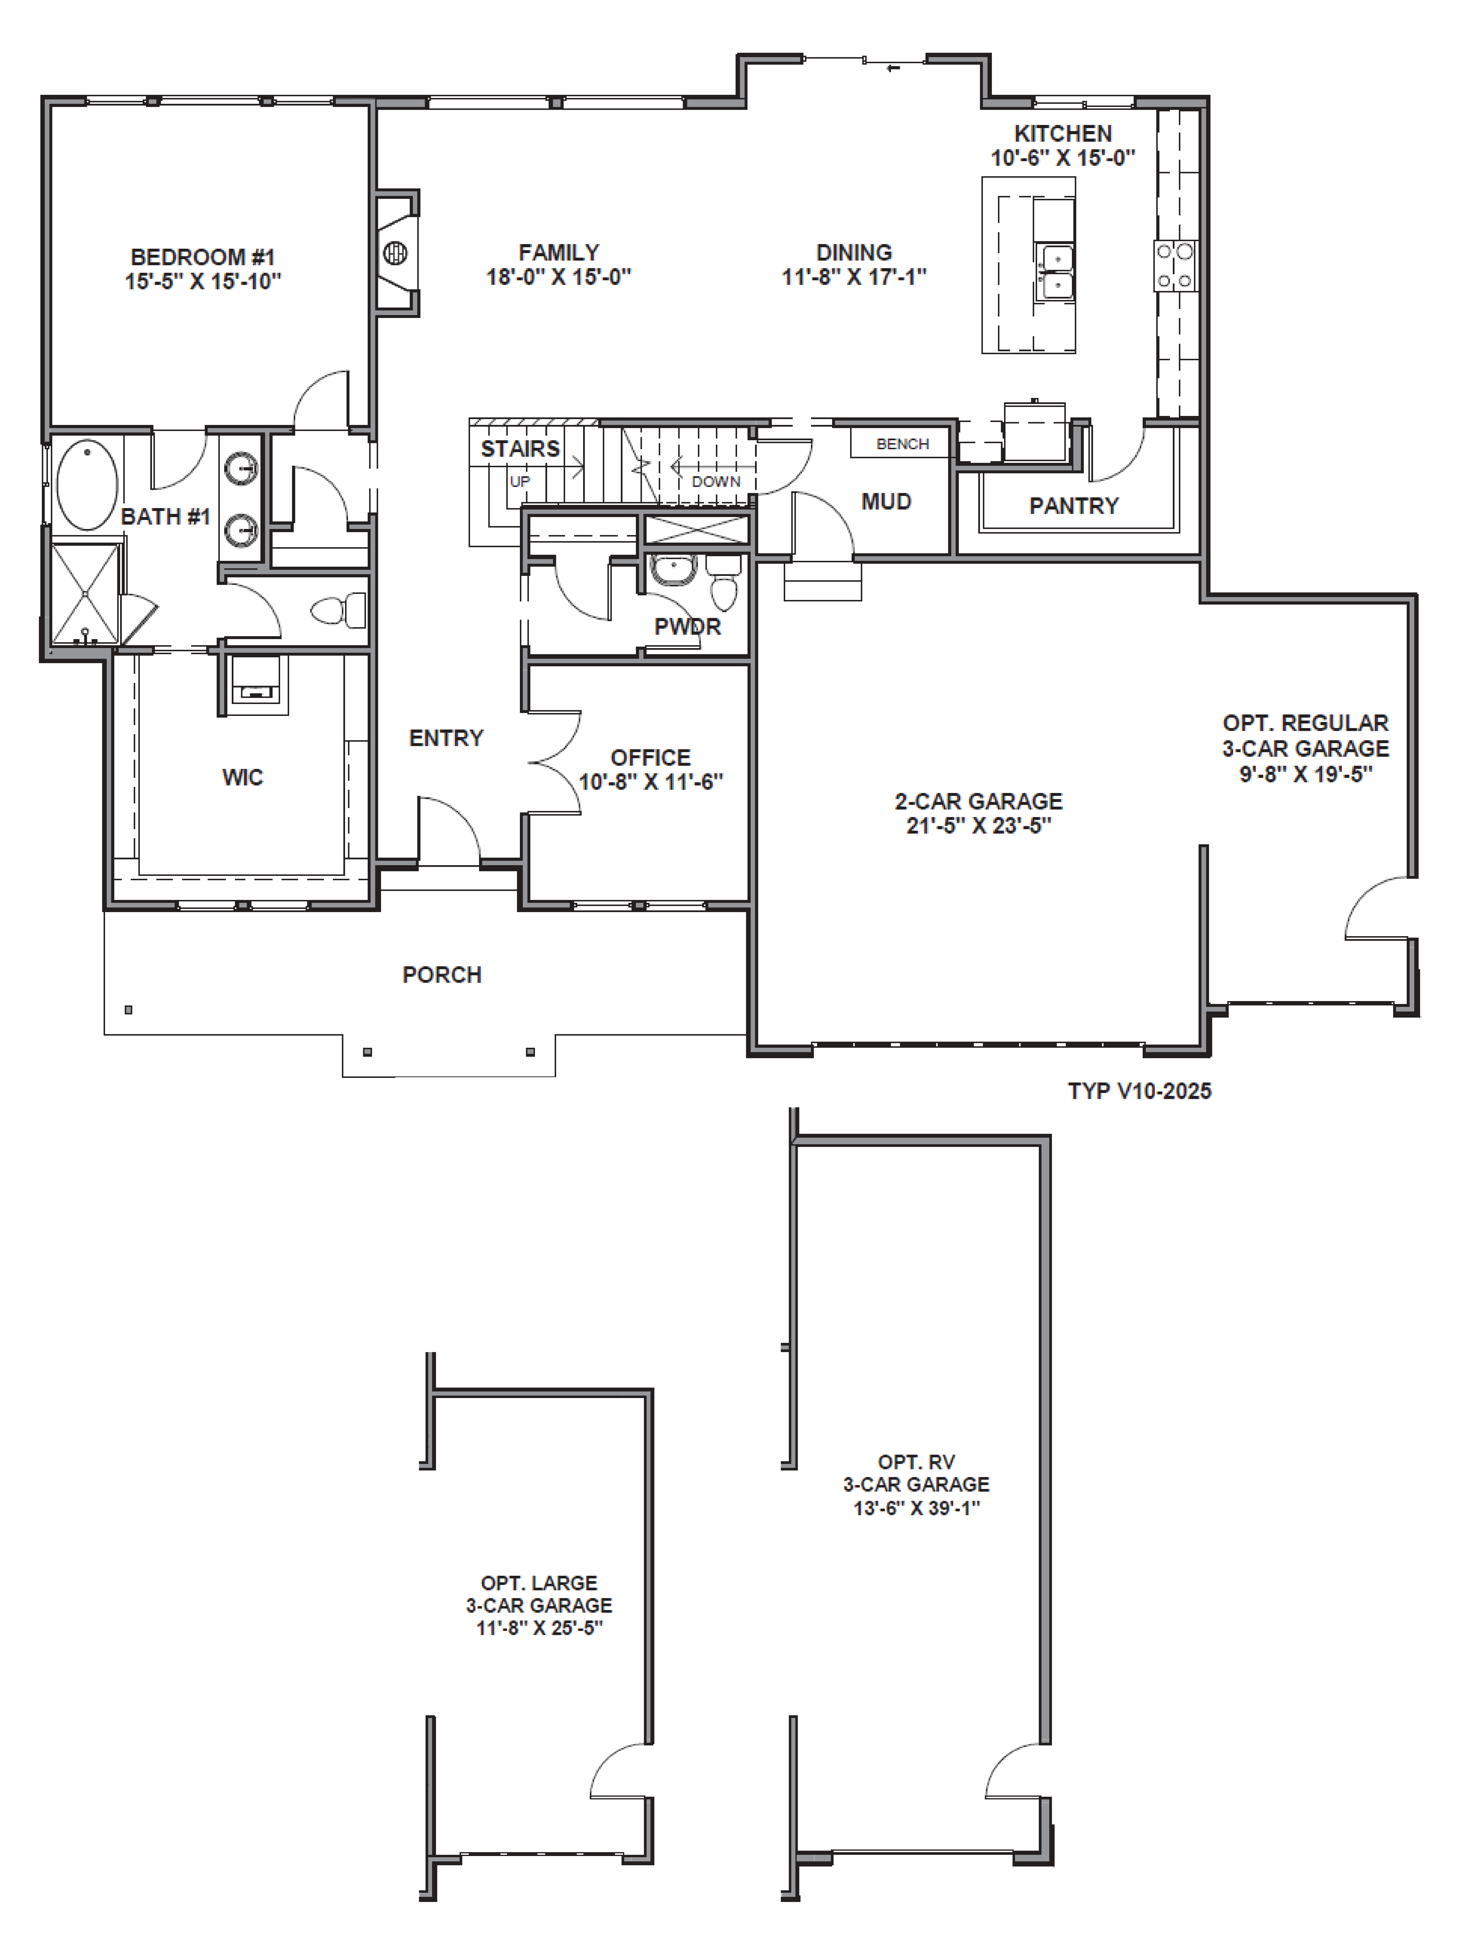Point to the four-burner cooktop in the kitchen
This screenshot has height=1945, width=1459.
click(x=1175, y=265)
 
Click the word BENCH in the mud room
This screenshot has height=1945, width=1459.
click(x=902, y=444)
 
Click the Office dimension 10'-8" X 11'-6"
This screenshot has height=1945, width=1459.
click(x=651, y=782)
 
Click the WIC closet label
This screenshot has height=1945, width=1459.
click(x=243, y=777)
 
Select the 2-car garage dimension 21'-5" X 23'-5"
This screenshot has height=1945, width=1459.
click(x=979, y=826)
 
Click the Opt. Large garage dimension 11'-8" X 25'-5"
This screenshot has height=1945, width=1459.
click(x=539, y=1628)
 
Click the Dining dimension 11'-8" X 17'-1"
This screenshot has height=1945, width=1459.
click(x=854, y=277)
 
